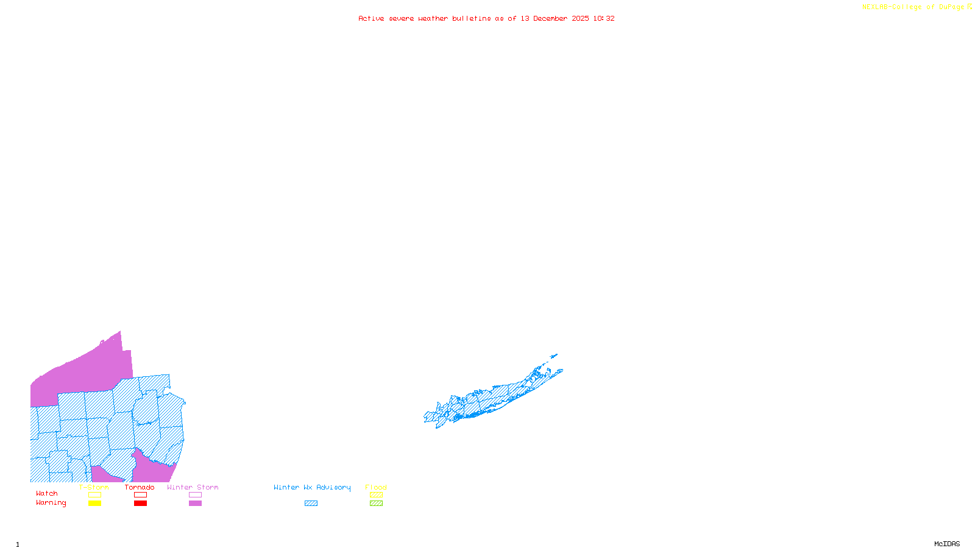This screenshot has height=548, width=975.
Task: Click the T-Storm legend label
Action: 94,487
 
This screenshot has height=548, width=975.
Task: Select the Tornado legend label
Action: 140,487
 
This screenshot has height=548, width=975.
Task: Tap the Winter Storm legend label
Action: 193,487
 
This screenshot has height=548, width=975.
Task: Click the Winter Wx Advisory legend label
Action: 312,487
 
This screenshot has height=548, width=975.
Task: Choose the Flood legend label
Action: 376,487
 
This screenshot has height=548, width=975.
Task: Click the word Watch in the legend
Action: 47,493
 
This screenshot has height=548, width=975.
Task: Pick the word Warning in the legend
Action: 51,503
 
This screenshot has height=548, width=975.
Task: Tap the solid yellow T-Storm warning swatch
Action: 94,504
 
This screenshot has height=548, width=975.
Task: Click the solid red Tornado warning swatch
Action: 140,504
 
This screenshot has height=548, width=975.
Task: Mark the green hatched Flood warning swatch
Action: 377,504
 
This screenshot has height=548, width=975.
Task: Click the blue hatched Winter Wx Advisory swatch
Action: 311,504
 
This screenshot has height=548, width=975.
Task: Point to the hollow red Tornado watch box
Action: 140,495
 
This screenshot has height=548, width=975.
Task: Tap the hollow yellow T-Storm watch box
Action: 94,495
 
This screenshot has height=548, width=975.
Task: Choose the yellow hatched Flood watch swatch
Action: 377,495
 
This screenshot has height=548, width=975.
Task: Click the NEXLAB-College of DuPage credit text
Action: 916,7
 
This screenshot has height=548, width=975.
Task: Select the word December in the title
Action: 550,18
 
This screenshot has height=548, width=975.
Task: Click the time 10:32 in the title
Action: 604,18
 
